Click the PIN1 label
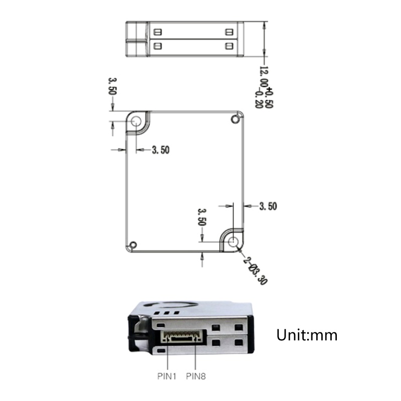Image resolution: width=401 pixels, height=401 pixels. coord(167,376)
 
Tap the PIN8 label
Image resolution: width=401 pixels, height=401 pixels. coord(196,376)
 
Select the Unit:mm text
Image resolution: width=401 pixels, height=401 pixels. coord(307,335)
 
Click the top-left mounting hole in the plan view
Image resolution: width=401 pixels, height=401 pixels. coord(136,121)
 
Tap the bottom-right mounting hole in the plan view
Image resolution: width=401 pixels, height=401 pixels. coord(233,242)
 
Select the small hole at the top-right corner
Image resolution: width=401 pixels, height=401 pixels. coord(235,119)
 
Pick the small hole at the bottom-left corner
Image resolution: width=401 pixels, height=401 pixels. coord(133,245)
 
